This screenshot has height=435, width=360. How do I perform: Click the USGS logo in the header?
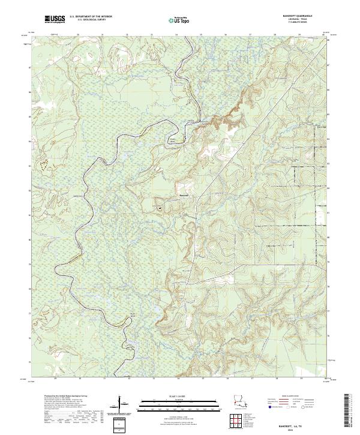point(55,20)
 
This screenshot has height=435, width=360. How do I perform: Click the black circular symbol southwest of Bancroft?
point(160,208)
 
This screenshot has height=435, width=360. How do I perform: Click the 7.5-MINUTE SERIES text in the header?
point(307,24)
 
